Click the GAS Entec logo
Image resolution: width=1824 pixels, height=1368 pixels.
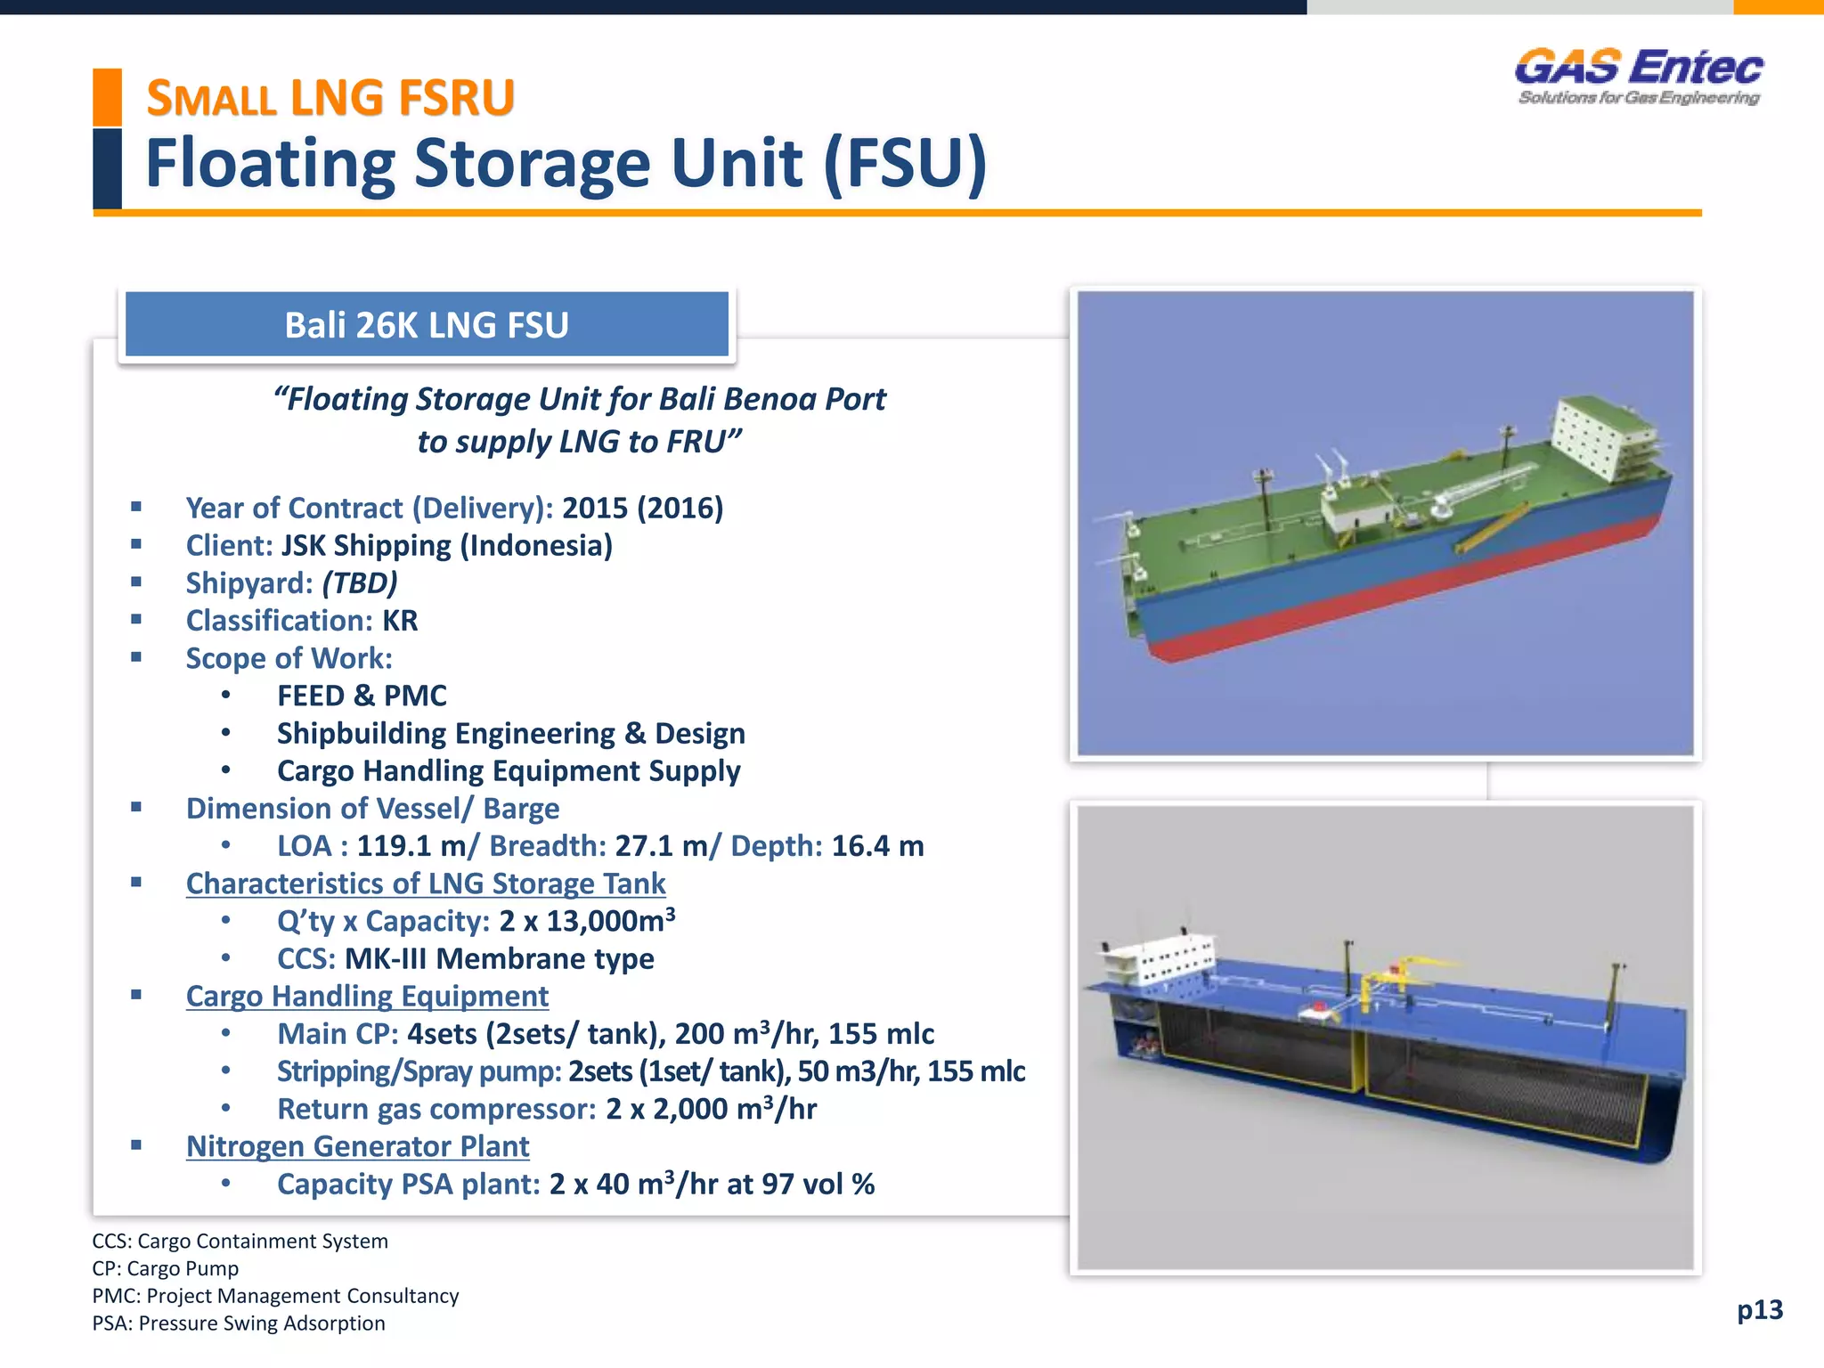tap(1639, 76)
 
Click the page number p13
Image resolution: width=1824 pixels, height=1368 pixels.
tap(1760, 1309)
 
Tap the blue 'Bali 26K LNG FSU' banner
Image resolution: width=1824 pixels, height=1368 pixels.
tap(427, 325)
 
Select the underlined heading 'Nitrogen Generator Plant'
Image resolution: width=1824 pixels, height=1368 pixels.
tap(357, 1146)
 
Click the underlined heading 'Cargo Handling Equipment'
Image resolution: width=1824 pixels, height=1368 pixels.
tap(367, 996)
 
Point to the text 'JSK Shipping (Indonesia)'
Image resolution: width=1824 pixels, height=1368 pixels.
tap(447, 545)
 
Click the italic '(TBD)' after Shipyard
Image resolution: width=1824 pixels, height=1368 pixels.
tap(360, 582)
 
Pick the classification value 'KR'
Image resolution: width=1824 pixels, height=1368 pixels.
tap(400, 621)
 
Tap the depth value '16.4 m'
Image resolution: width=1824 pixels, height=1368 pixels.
tap(877, 846)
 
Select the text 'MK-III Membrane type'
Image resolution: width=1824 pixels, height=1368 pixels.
tap(499, 958)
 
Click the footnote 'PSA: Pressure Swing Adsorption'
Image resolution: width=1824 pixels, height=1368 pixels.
tap(239, 1323)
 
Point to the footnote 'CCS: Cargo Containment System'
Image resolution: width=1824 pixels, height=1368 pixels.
tap(240, 1242)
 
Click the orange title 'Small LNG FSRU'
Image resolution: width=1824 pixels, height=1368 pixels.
tap(330, 98)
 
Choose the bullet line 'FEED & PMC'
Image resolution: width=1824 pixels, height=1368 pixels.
tap(362, 696)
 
